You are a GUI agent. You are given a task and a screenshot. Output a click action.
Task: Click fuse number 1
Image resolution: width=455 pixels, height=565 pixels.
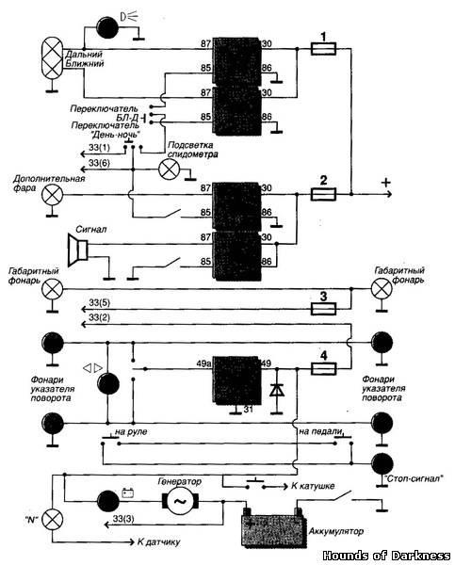(x=323, y=49)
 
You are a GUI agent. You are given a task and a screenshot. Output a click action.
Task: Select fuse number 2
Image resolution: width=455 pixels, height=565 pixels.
(x=323, y=194)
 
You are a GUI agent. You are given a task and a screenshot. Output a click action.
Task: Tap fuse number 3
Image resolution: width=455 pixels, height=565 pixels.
(x=323, y=309)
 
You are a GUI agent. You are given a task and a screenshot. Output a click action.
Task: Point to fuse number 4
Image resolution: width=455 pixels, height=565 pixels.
(x=323, y=368)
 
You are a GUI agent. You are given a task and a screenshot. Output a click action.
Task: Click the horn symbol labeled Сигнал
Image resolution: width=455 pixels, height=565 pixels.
(x=78, y=249)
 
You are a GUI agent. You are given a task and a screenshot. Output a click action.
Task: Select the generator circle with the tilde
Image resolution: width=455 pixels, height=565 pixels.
(x=180, y=501)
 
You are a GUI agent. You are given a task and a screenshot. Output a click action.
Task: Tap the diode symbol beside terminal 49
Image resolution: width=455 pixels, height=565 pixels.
(x=277, y=390)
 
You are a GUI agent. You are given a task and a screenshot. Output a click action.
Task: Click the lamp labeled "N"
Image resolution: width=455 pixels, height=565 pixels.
(x=53, y=520)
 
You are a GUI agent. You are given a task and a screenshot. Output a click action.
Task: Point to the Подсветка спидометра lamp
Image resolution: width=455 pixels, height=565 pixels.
(x=169, y=169)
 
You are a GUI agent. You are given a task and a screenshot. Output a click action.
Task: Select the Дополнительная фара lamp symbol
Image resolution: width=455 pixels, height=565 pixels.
(x=52, y=195)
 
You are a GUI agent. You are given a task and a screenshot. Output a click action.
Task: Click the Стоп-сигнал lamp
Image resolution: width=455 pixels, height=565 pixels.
(x=382, y=463)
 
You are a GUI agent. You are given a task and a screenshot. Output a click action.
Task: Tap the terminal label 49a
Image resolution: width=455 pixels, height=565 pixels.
(x=203, y=363)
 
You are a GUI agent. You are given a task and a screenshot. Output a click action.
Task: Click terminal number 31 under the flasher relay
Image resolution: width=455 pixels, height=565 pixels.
(x=248, y=409)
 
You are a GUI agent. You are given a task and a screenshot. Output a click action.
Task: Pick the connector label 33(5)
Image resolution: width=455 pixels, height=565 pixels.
(x=99, y=302)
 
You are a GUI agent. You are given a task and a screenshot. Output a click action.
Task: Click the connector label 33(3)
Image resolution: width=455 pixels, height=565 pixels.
(x=123, y=519)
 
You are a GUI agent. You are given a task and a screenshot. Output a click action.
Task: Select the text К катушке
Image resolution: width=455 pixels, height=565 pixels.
(x=313, y=486)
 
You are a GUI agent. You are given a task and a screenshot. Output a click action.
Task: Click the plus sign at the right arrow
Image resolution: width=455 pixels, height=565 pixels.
(x=386, y=183)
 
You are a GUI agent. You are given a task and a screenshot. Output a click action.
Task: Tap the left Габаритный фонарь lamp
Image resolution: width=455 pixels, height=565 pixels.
(x=52, y=289)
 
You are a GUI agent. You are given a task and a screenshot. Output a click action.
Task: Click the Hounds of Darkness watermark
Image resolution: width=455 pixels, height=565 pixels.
(x=386, y=556)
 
